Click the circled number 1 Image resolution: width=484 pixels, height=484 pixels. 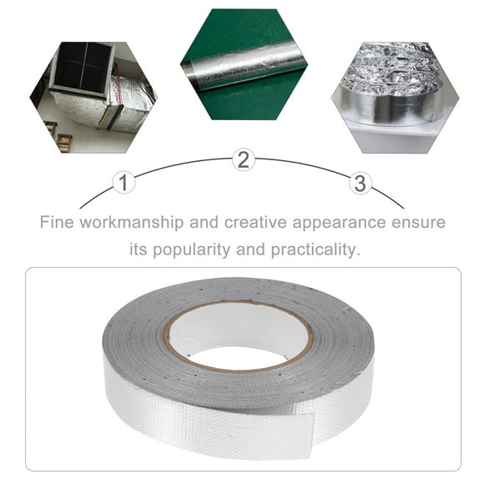(x=124, y=183)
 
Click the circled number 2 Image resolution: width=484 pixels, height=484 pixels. (x=242, y=161)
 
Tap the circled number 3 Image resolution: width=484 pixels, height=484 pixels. (x=360, y=183)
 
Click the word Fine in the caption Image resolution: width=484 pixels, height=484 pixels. (x=58, y=223)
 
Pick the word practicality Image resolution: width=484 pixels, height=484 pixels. (x=320, y=250)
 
